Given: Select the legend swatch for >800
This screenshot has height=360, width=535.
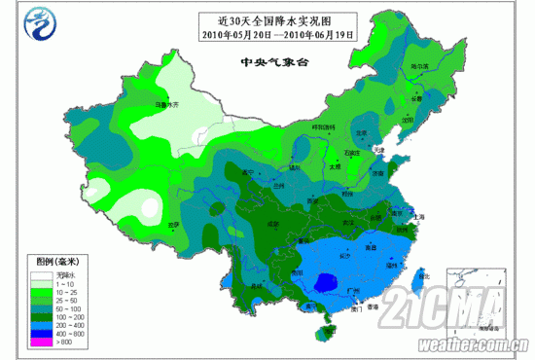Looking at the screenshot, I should click(x=39, y=342).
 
